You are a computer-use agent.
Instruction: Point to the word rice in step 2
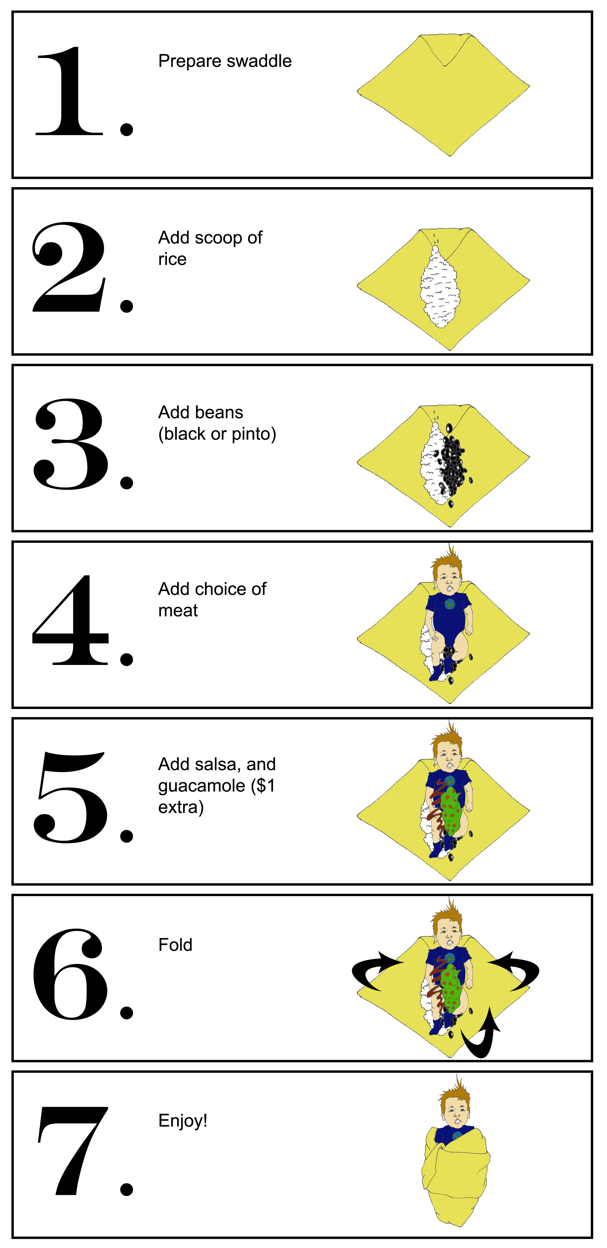(173, 259)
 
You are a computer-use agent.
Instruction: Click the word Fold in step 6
(175, 945)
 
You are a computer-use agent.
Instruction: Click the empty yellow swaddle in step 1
(443, 95)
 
